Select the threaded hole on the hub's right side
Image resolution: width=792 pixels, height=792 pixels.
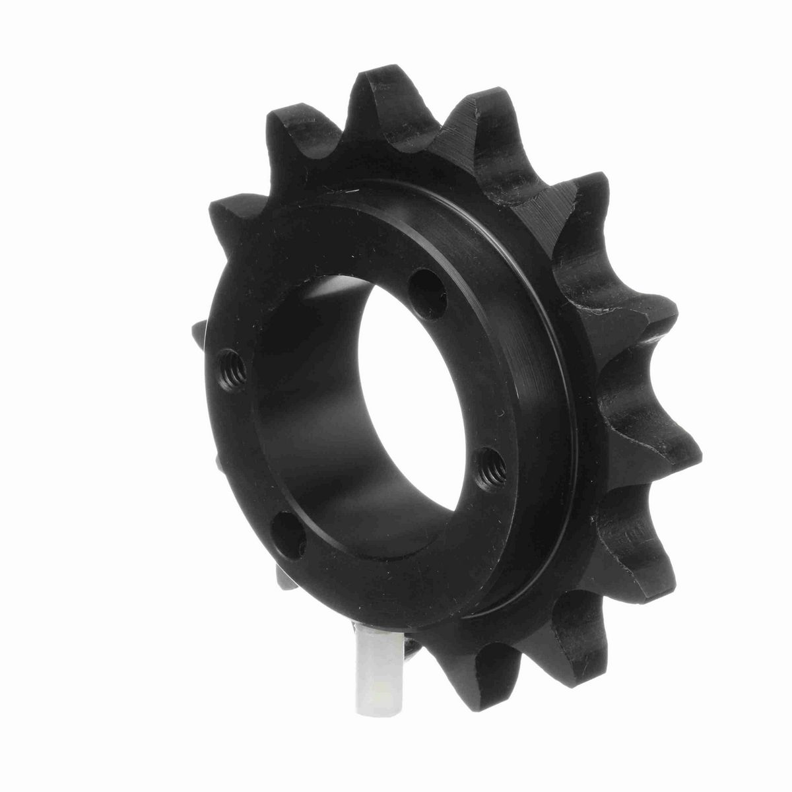tap(491, 461)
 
